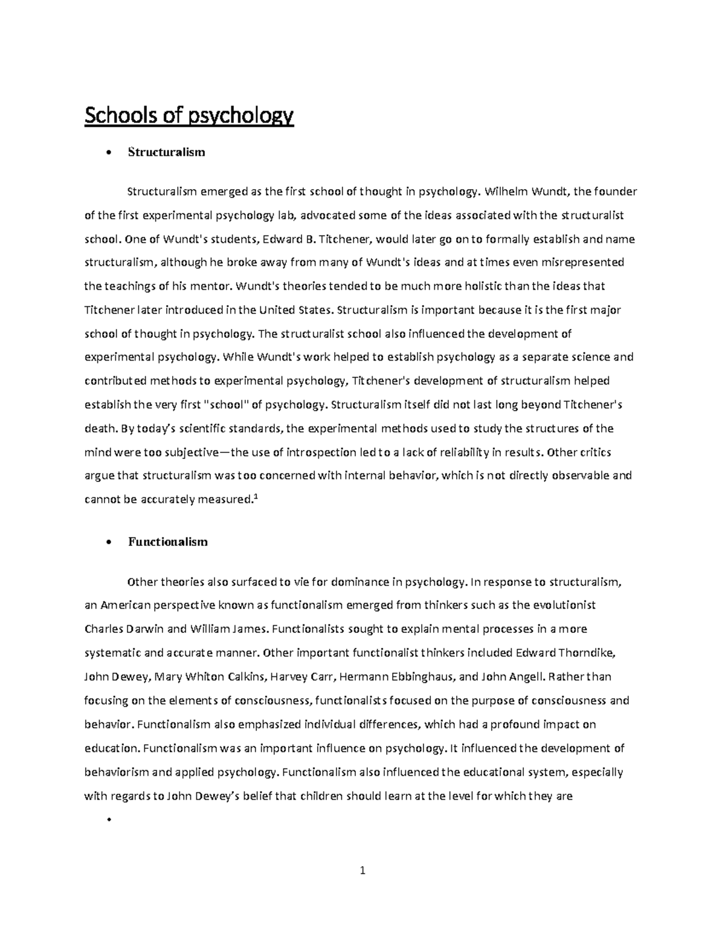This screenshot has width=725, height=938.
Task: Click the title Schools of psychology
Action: coord(188,115)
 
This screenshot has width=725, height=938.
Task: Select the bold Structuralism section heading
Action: coord(166,152)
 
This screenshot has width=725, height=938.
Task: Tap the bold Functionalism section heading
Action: coord(167,542)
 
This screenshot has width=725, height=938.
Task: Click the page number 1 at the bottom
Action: coord(362,871)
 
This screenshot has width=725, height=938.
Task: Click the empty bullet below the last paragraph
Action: coord(109,820)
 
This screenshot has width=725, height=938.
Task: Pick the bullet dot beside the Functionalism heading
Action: coord(109,542)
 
